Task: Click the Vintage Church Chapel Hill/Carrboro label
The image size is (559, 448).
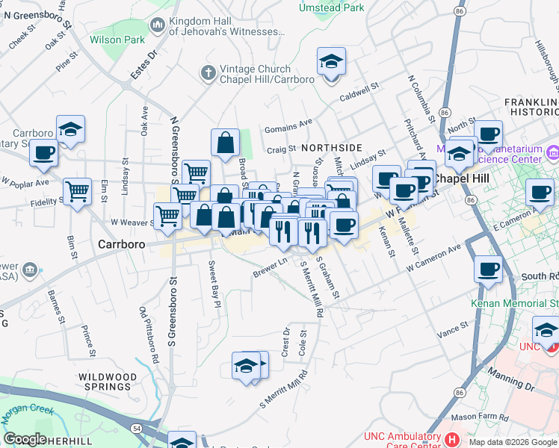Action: (x=267, y=73)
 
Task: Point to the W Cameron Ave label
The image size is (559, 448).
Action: (x=434, y=258)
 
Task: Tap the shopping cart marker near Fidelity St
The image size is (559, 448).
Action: (x=77, y=192)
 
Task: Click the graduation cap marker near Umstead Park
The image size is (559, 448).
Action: (x=331, y=62)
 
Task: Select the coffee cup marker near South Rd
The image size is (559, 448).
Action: (x=488, y=269)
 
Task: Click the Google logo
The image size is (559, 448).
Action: (x=25, y=439)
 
